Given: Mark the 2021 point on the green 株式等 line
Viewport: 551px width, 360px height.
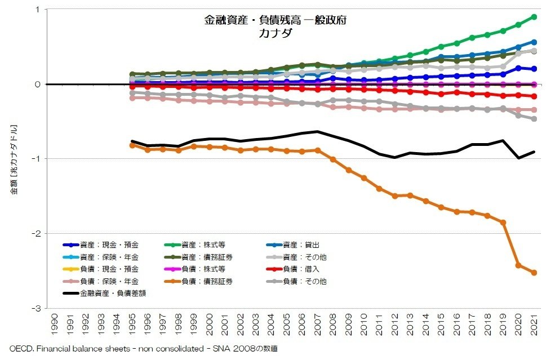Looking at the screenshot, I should [x=534, y=17].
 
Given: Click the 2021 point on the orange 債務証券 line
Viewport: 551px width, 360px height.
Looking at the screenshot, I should [x=534, y=273].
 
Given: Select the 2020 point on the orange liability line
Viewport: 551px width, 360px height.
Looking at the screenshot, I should [x=518, y=265].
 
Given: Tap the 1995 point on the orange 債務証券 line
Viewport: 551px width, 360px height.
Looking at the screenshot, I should [x=132, y=145].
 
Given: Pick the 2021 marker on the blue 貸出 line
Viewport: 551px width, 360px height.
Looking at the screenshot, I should [x=534, y=42].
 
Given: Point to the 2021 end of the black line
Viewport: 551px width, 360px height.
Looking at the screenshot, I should [x=534, y=152].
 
